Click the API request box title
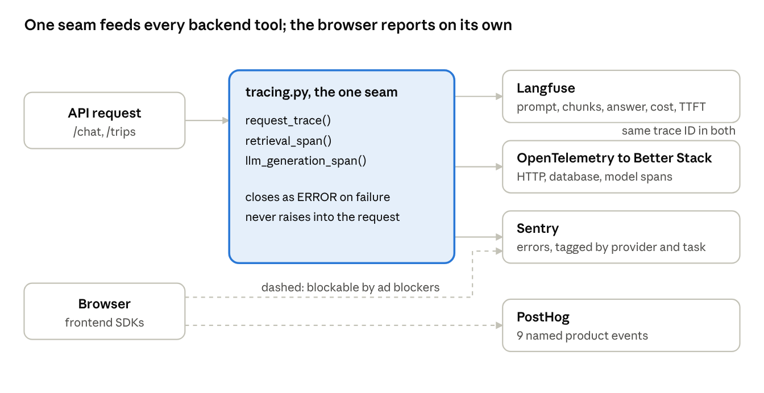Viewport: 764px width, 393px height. [x=105, y=113]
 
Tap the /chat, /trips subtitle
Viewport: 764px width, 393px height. [x=105, y=132]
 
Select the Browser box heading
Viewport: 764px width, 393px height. [x=105, y=304]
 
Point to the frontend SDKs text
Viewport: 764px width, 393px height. [x=105, y=323]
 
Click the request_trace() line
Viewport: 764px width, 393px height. [x=288, y=120]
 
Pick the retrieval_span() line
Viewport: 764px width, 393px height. [x=288, y=141]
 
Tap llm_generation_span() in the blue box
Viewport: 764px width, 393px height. [x=306, y=161]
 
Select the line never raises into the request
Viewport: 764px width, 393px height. [x=322, y=217]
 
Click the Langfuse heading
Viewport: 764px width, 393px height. [x=546, y=88]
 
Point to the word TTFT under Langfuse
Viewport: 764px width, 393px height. [x=692, y=107]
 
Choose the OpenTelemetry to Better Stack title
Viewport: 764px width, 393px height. [x=614, y=158]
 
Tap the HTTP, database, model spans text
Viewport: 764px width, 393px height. [x=594, y=177]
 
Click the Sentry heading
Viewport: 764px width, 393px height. [x=538, y=229]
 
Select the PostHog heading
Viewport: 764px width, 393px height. [x=543, y=317]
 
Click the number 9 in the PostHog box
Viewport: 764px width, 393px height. [x=520, y=336]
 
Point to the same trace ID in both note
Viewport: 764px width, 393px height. [x=678, y=131]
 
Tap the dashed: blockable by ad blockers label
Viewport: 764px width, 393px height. [x=350, y=288]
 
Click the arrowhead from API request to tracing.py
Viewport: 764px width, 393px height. [x=226, y=120]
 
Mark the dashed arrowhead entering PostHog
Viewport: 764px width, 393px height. [x=499, y=325]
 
